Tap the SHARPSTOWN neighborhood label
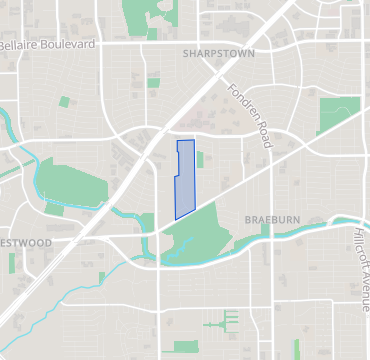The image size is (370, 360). (219, 52)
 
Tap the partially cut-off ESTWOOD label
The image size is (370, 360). (26, 242)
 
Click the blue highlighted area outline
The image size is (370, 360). (185, 180)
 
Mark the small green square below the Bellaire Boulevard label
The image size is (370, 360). (64, 101)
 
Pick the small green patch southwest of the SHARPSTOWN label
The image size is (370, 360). (152, 81)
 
